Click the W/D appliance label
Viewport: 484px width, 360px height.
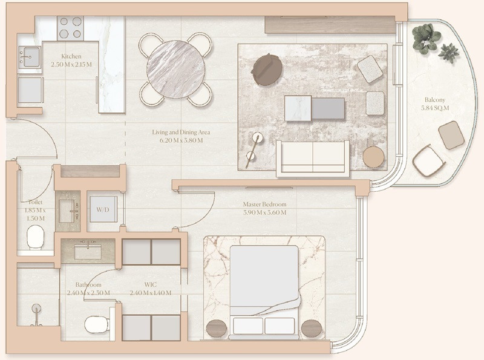103,210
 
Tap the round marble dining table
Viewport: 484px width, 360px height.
175,69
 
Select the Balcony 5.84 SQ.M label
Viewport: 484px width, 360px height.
435,104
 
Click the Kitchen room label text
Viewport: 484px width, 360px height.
71,56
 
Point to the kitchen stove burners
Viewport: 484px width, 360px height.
70,28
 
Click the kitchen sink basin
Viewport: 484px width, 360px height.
30,57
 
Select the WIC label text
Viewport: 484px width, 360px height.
150,284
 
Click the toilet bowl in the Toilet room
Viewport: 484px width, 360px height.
35,237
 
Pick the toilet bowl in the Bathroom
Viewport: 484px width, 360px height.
96,324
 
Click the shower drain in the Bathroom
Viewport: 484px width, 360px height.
36,308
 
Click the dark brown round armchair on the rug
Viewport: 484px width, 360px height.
267,69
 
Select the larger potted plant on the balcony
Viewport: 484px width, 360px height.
426,39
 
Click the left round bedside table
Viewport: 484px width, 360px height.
217,328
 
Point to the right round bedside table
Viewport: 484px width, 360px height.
312,328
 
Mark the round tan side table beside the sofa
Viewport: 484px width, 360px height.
373,157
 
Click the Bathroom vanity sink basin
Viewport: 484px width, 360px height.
88,252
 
